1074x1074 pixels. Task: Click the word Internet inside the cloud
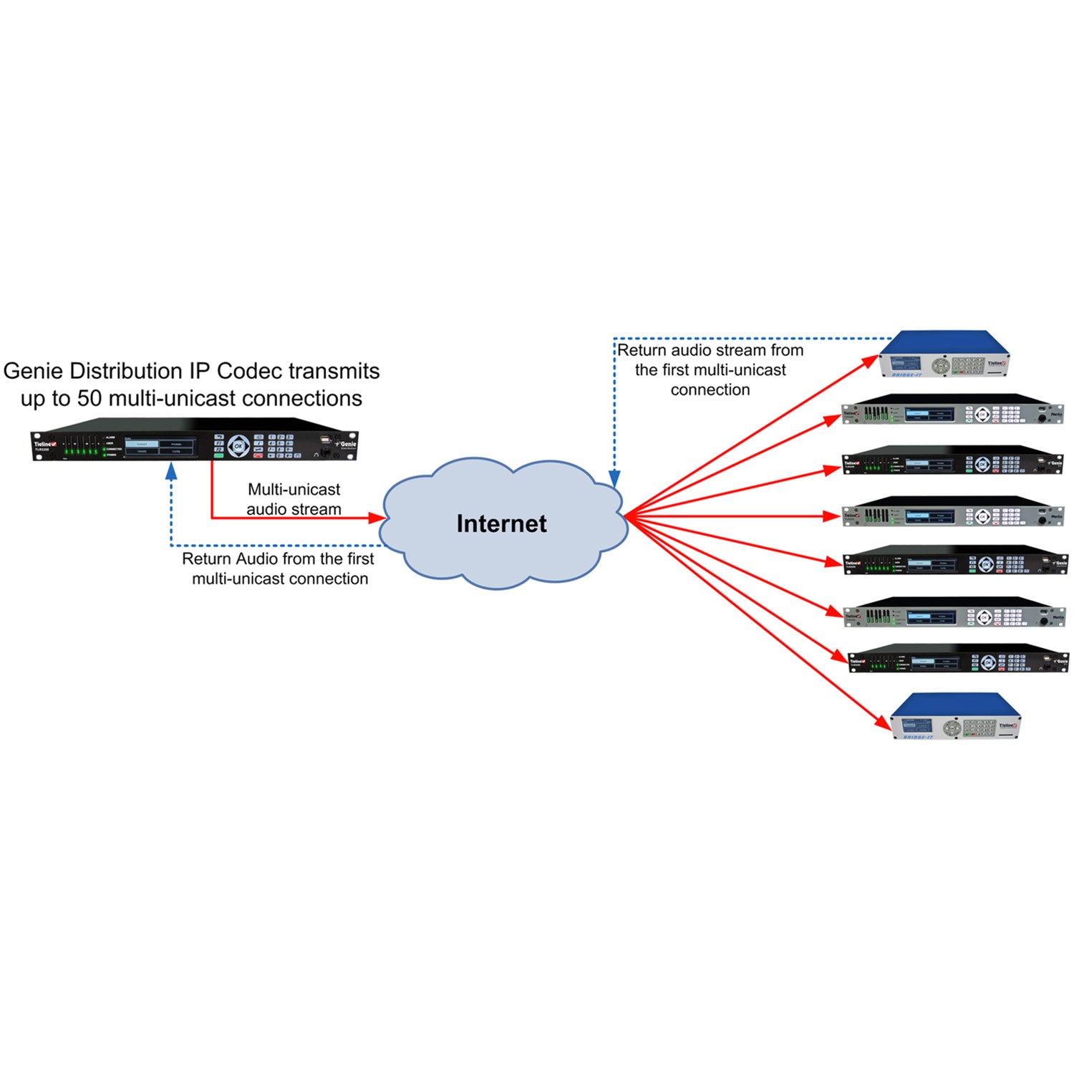pos(501,523)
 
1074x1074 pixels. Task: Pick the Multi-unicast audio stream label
pos(294,499)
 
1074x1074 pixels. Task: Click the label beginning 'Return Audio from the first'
pos(279,569)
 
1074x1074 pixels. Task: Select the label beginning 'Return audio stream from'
pos(710,369)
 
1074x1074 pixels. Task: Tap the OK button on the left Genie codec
pos(238,446)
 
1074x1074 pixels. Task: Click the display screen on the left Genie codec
pos(160,447)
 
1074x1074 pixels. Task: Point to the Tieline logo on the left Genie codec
pos(44,444)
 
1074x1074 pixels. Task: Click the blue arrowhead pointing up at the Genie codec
pos(171,470)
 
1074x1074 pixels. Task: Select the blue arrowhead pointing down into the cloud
pos(614,478)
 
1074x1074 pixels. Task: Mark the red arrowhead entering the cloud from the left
pos(377,518)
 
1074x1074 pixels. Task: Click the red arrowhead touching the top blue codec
pos(870,361)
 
